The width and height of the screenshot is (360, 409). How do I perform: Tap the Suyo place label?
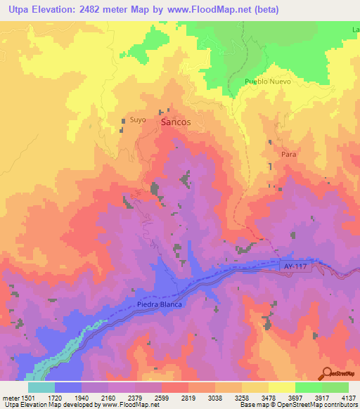(x=138, y=119)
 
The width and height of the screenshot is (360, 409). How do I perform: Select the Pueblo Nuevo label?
(x=267, y=82)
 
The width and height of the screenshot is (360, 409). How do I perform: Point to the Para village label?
(x=288, y=153)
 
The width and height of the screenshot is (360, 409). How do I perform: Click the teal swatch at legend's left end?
(x=41, y=387)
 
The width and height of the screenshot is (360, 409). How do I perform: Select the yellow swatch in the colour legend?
(x=281, y=387)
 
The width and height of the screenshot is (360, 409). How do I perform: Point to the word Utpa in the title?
(x=20, y=10)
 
